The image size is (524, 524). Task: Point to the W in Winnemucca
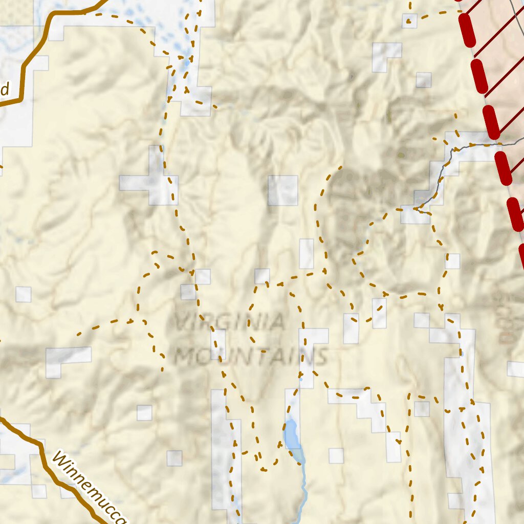pos(61,461)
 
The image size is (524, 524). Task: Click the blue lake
pos(292,434)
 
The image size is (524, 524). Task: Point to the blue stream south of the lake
pos(304,491)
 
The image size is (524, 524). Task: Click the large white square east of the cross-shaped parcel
pos(283,190)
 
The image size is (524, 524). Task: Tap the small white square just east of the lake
pos(336,455)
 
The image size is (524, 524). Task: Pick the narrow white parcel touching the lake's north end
pos(292,404)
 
